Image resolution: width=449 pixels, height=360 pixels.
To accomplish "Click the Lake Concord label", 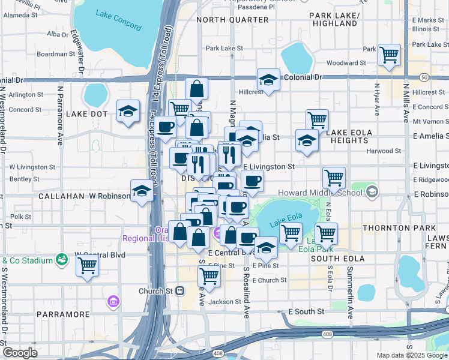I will point(119,20).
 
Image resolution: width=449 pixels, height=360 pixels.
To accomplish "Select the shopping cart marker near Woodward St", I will point(389,55).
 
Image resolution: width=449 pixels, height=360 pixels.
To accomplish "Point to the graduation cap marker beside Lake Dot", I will point(128,111).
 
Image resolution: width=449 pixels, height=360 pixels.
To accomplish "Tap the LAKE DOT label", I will point(86,113).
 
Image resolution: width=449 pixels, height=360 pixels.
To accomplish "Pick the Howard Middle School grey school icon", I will point(372,192).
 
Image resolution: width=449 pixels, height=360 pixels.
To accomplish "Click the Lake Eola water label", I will point(285,221).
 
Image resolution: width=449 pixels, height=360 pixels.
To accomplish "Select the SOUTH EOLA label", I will point(334,258).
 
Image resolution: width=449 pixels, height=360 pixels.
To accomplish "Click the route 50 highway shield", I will point(424,77).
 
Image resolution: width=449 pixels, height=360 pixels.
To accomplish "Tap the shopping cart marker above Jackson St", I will point(209,276).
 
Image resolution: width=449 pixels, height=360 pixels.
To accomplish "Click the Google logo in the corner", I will point(19,353).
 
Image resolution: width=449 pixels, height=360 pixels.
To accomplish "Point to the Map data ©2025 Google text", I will point(412,355).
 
